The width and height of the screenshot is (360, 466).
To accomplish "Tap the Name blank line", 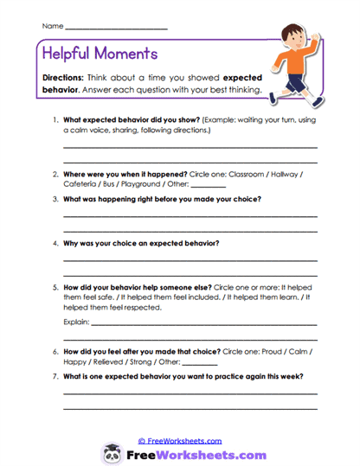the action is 116,29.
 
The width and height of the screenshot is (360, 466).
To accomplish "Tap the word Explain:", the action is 76,322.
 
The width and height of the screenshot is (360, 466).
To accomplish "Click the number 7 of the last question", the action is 55,377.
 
